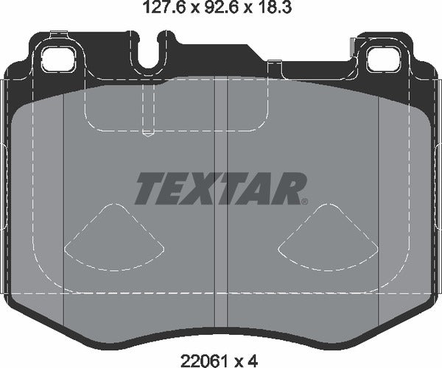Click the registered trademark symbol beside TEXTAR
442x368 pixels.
click(304, 200)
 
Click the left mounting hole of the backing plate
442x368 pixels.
click(59, 56)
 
